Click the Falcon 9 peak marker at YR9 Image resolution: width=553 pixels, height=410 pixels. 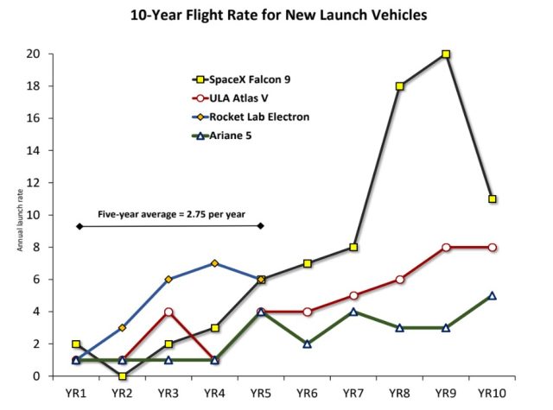coord(446,54)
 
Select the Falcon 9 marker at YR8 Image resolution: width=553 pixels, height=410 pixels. coord(400,86)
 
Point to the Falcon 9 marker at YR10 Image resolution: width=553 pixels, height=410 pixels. coord(492,199)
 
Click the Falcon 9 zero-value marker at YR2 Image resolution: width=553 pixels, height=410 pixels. coord(124,375)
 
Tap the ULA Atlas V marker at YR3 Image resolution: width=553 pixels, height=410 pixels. coord(169,312)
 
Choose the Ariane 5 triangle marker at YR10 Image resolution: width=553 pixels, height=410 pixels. coord(492,295)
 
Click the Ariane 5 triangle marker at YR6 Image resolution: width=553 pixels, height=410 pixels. coord(308,344)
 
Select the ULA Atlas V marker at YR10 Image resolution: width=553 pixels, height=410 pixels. coord(492,247)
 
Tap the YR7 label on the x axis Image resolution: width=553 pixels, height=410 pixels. coord(353,394)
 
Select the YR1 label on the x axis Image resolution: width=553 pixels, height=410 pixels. coord(77,394)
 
